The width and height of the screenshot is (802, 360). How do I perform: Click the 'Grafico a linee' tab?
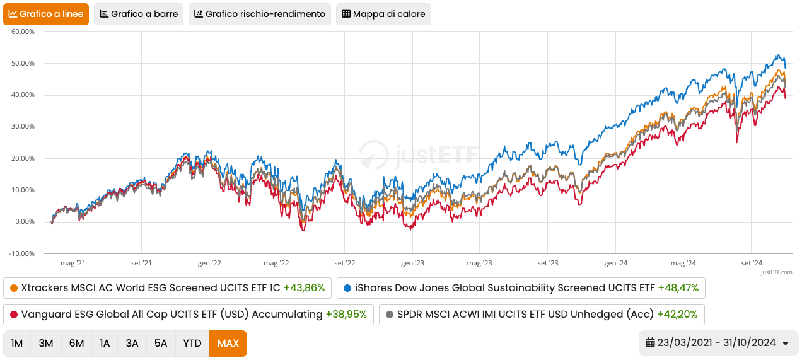(x=45, y=14)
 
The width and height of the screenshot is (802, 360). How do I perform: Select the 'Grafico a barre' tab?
(x=139, y=14)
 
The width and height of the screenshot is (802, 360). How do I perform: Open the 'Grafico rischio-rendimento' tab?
(x=260, y=14)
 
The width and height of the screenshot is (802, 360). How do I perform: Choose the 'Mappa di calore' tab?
(x=383, y=14)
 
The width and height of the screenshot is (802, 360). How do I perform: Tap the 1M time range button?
(x=17, y=344)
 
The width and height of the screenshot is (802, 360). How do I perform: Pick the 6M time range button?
(x=76, y=344)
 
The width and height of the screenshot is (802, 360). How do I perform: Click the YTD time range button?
(x=192, y=344)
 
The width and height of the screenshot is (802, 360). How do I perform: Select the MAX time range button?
(x=228, y=344)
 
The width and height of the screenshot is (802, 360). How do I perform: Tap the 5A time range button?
(x=161, y=344)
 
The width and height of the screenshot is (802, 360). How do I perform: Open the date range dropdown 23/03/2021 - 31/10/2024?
(x=718, y=343)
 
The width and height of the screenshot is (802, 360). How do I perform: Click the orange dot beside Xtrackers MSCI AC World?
(x=14, y=288)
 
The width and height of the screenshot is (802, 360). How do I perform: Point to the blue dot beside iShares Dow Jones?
(x=347, y=288)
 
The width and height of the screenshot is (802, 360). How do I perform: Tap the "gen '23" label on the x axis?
(x=412, y=263)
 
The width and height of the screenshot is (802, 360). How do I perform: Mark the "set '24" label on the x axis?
(x=752, y=263)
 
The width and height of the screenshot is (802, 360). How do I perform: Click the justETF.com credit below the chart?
(x=776, y=272)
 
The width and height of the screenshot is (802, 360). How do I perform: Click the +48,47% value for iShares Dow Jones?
(x=678, y=288)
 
